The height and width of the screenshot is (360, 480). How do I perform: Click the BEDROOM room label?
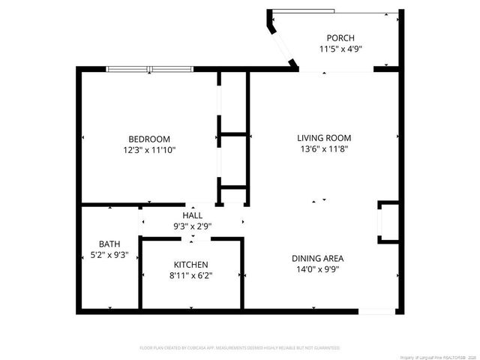149,139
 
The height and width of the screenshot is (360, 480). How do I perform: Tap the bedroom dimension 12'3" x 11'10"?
149,150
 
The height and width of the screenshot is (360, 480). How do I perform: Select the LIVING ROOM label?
324,138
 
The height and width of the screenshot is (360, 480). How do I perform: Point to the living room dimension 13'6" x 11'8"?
324,149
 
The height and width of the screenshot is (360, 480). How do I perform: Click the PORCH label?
340,38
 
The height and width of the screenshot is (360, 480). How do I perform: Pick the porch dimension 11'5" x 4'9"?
340,49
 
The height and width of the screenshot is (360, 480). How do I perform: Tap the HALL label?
192,215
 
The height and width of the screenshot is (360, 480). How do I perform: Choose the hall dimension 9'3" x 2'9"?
192,226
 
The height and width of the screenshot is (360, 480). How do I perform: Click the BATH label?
109,244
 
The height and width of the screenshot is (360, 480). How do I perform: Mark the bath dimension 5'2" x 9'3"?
109,255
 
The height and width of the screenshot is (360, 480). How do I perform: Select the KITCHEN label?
191,265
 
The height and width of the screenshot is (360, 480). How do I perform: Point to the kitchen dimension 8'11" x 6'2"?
191,276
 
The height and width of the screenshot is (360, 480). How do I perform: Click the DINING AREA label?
318,259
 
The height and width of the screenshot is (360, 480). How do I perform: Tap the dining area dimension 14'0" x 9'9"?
318,270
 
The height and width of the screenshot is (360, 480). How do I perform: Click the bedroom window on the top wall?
151,70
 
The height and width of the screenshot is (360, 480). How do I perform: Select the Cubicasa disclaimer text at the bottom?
240,348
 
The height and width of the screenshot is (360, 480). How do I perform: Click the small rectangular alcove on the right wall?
388,222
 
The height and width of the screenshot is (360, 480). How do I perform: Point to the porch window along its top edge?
334,11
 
